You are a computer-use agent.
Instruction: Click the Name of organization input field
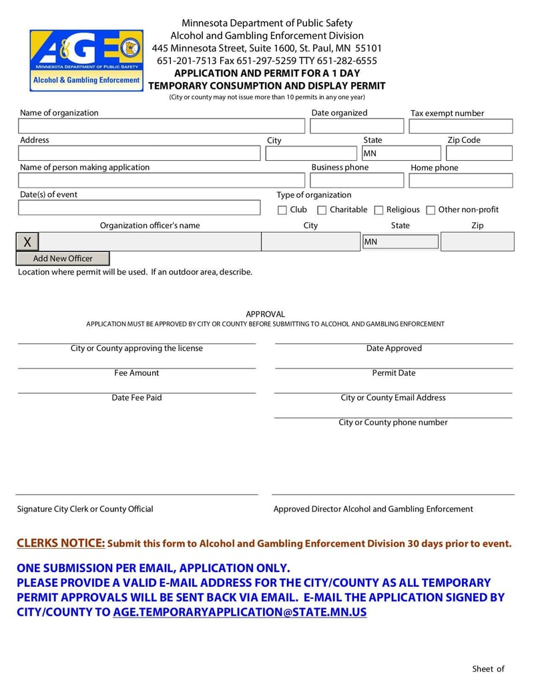pyautogui.click(x=161, y=126)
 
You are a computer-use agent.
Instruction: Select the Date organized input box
pyautogui.click(x=357, y=126)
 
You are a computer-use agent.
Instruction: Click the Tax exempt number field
pyautogui.click(x=461, y=126)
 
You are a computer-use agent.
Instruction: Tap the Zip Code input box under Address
pyautogui.click(x=479, y=154)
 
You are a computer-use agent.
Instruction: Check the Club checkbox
pyautogui.click(x=282, y=210)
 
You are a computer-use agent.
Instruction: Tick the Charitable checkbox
pyautogui.click(x=322, y=210)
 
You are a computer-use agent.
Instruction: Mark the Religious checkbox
pyautogui.click(x=378, y=210)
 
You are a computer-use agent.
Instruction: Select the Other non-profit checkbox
pyautogui.click(x=431, y=210)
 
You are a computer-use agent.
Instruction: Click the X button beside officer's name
pyautogui.click(x=27, y=242)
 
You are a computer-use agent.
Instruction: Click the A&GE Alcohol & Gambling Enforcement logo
pyautogui.click(x=86, y=60)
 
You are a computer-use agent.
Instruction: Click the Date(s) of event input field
pyautogui.click(x=139, y=208)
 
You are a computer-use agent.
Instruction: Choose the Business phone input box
pyautogui.click(x=357, y=180)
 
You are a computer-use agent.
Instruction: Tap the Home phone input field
pyautogui.click(x=461, y=180)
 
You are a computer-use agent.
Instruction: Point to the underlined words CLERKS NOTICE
pyautogui.click(x=61, y=543)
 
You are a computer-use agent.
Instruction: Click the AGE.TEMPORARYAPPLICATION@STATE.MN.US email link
pyautogui.click(x=240, y=612)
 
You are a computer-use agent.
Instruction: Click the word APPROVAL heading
pyautogui.click(x=265, y=314)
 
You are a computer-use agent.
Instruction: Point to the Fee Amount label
pyautogui.click(x=137, y=373)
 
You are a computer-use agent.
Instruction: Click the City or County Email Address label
pyautogui.click(x=393, y=398)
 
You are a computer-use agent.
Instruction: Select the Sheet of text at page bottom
pyautogui.click(x=488, y=668)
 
